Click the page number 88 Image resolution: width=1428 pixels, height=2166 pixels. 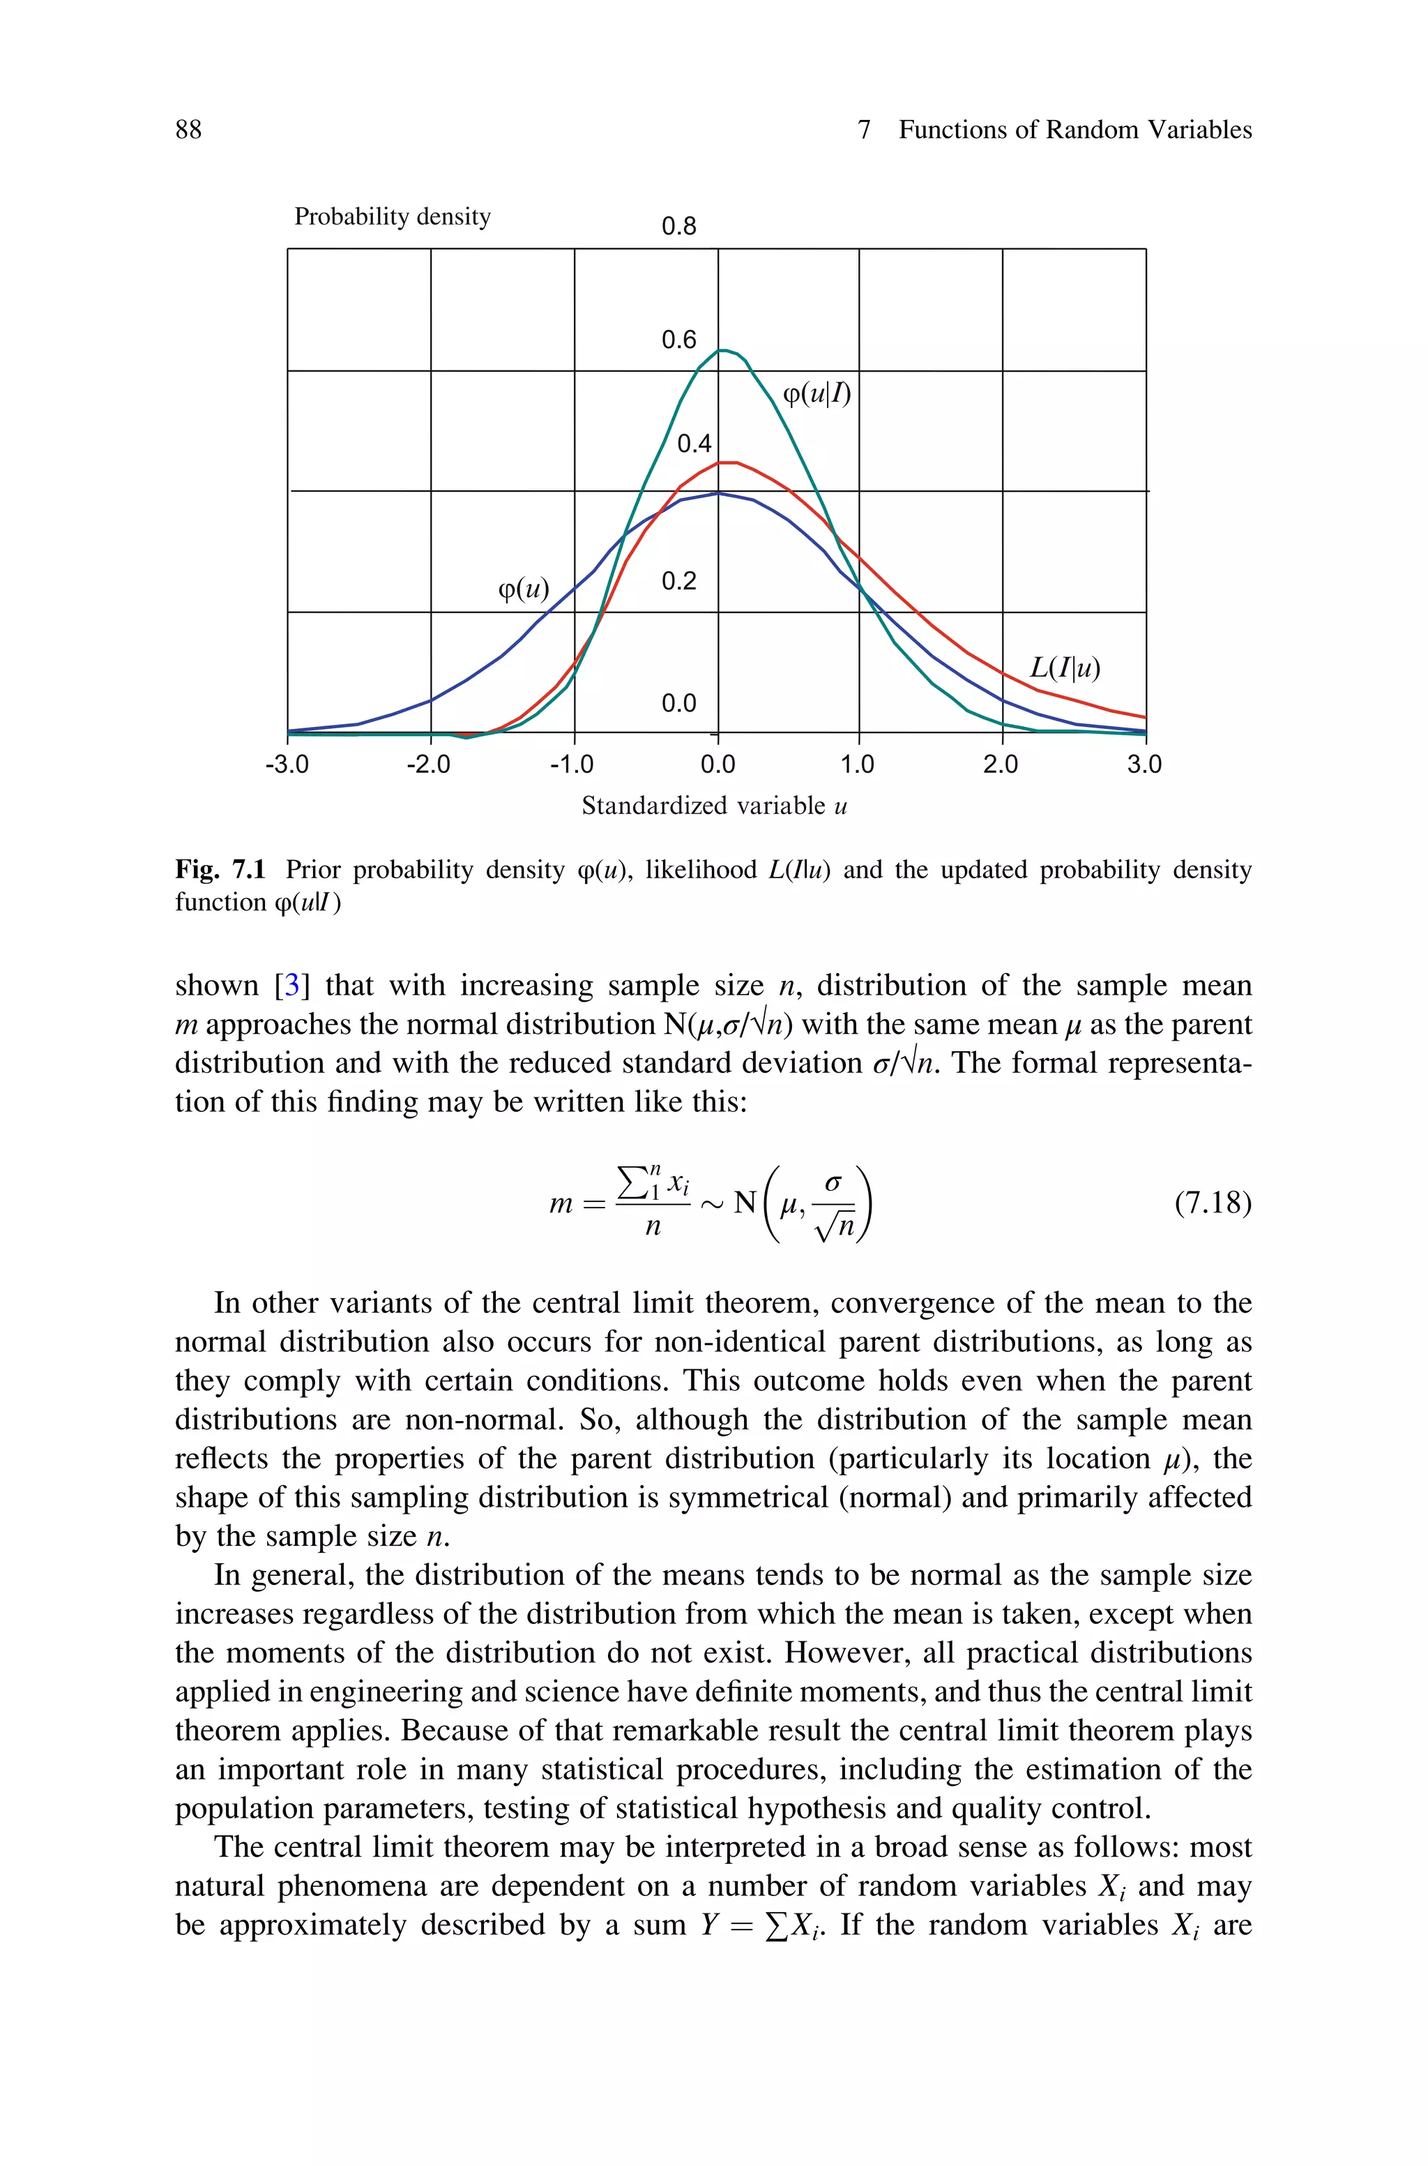[x=188, y=130]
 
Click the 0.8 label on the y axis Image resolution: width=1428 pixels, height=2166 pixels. [x=678, y=227]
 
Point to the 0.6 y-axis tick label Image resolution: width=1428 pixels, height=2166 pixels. [x=678, y=340]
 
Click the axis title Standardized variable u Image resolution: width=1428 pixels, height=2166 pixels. [x=714, y=806]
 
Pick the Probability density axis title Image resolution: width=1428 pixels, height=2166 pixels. [x=393, y=217]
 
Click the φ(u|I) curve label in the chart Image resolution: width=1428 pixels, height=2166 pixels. [x=817, y=393]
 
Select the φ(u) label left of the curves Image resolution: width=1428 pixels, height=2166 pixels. [x=524, y=590]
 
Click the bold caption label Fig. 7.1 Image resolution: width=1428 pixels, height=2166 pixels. [x=220, y=870]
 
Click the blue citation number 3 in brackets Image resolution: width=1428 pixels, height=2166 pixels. [x=292, y=986]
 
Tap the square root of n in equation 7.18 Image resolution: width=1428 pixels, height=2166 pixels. [x=836, y=1227]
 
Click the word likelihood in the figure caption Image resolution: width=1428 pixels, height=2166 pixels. [x=700, y=870]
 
